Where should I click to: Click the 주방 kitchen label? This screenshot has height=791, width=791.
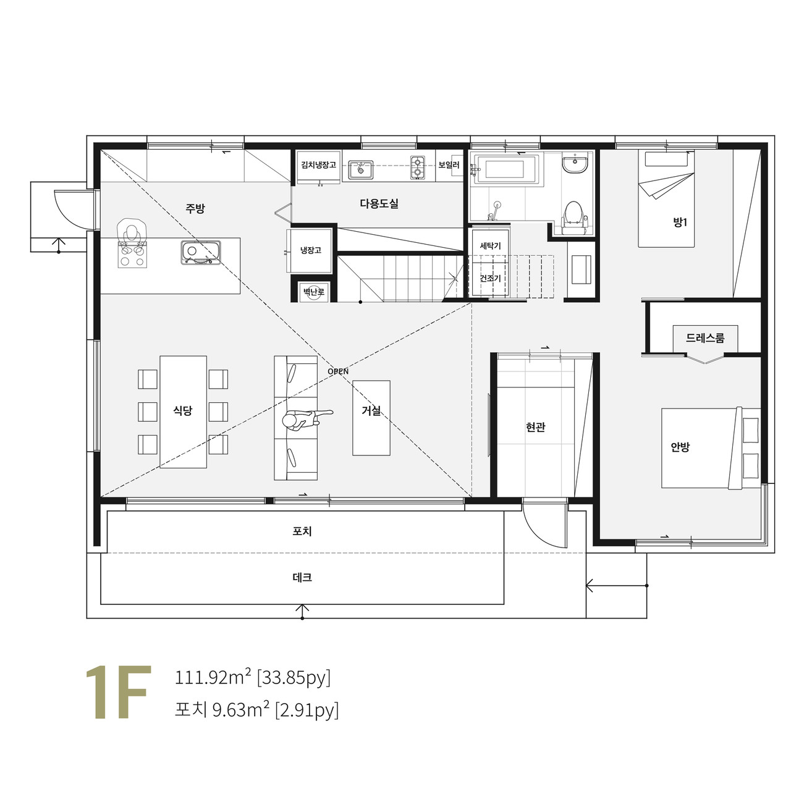195,208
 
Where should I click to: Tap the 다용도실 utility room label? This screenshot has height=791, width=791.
379,203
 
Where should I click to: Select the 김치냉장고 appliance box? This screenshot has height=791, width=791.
318,167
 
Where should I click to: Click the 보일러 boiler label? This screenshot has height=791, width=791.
449,165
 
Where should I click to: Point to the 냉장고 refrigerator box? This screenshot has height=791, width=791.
309,251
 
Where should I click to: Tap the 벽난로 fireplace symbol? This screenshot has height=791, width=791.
313,292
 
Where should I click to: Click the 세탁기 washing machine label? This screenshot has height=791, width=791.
490,246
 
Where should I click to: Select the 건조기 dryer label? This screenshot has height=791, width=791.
490,278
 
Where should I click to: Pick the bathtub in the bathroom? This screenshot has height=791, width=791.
504,169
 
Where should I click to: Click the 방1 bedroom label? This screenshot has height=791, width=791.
680,222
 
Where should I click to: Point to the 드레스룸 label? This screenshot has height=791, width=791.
705,338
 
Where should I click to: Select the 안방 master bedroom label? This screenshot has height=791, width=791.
680,447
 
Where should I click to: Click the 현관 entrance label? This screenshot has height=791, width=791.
535,427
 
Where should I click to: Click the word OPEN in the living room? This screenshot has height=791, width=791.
338,371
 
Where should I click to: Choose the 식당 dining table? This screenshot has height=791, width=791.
183,412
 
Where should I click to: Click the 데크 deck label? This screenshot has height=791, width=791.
302,578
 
